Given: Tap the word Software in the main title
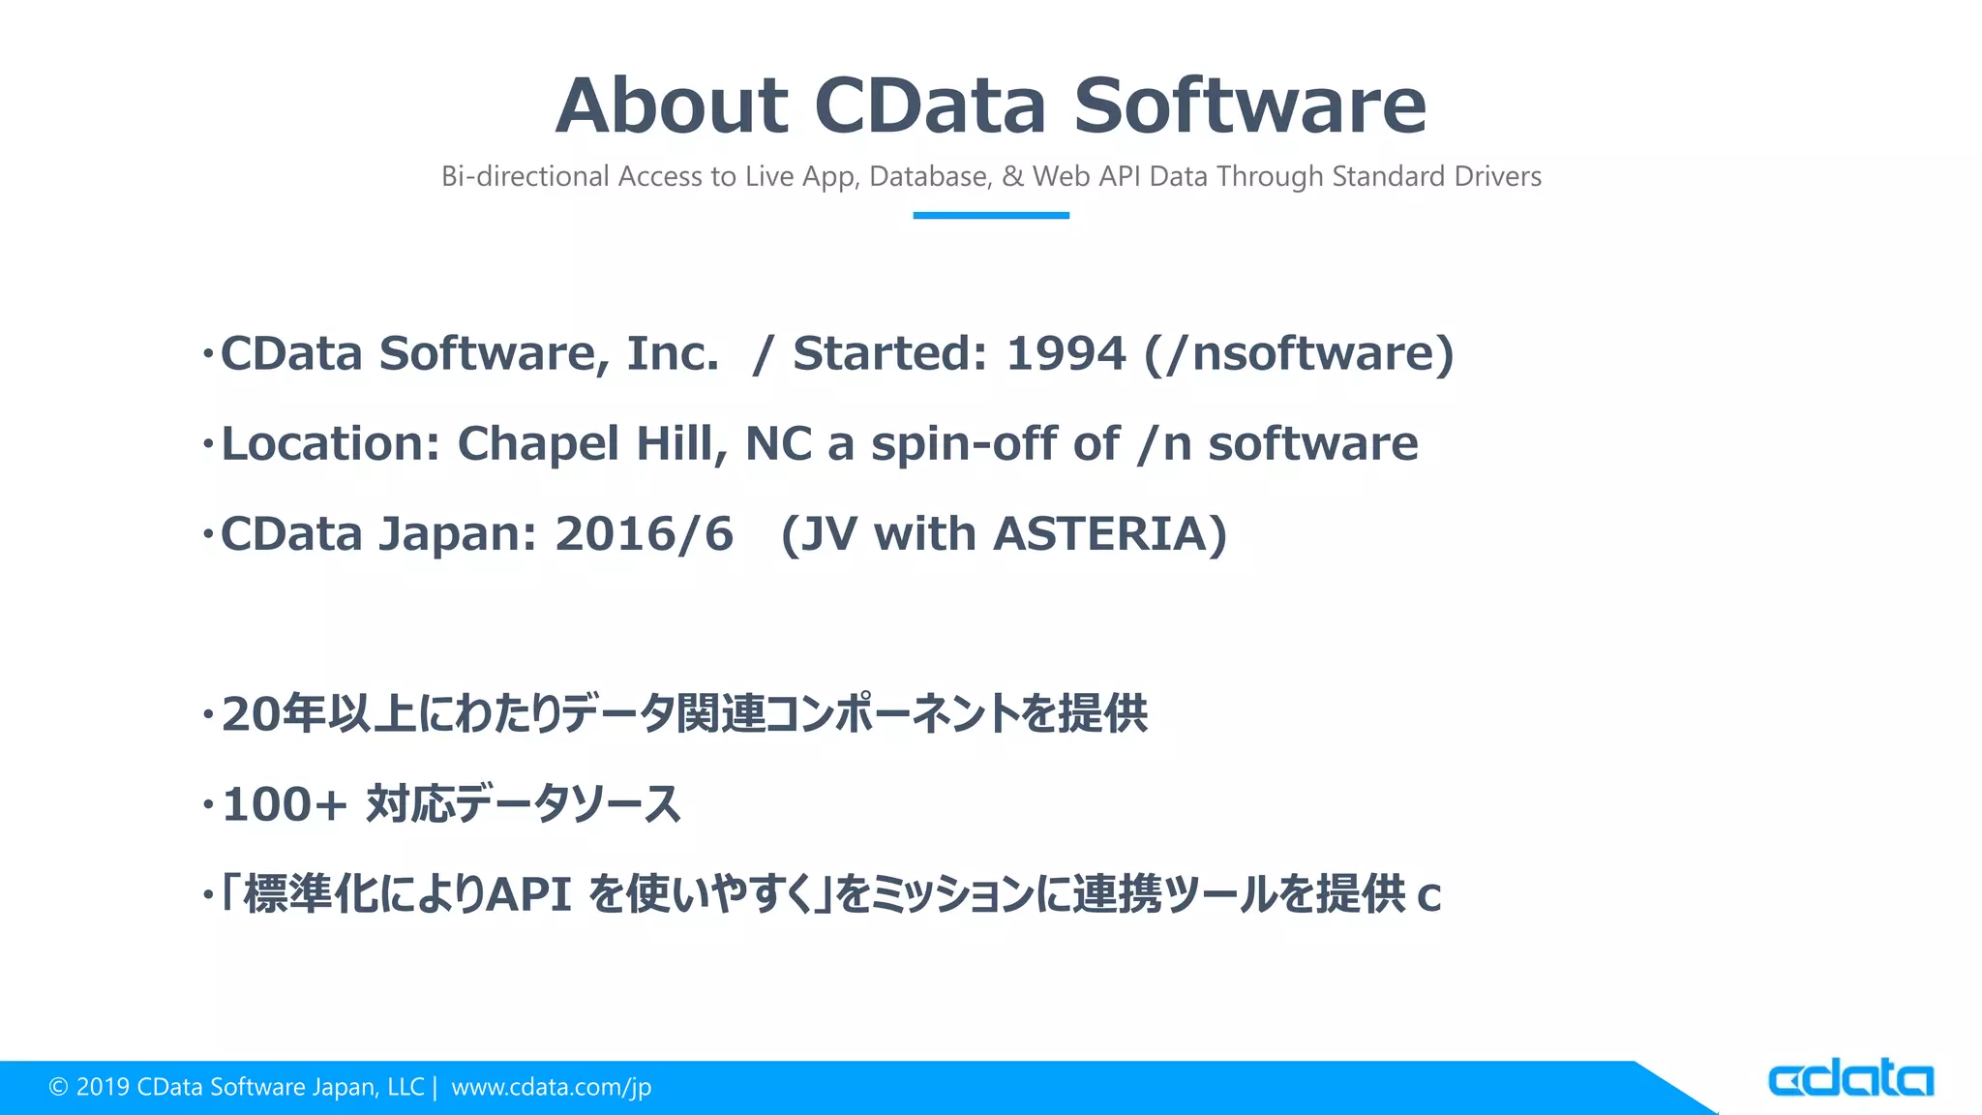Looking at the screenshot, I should tap(1249, 105).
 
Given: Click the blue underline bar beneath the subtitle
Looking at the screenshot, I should tap(991, 215).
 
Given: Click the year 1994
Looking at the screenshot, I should tap(1066, 353).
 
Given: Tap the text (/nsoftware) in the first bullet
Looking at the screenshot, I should tap(1299, 353).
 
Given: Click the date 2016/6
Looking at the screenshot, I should tap(644, 534).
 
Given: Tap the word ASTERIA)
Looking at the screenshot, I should tap(1110, 534).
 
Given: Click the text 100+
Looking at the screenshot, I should tap(284, 804).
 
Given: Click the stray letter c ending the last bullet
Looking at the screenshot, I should tap(1428, 897).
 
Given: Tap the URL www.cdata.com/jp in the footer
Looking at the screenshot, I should tap(551, 1087).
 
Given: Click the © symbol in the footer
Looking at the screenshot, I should tap(58, 1088).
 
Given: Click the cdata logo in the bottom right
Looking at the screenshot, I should tap(1849, 1078).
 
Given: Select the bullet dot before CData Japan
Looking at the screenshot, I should tap(207, 535).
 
